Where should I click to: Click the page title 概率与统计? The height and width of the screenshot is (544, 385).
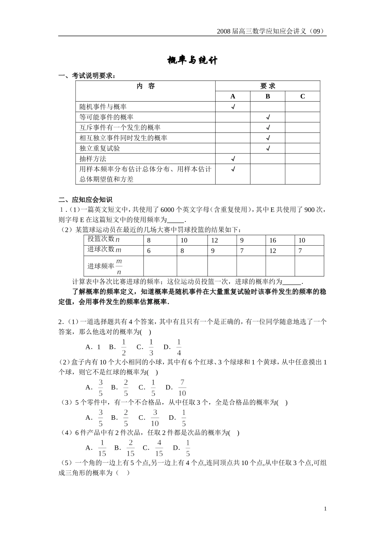point(192,61)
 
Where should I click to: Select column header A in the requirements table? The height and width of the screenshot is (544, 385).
point(233,96)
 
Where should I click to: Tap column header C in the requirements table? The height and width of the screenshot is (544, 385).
point(302,96)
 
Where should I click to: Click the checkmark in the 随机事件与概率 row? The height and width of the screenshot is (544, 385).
point(233,107)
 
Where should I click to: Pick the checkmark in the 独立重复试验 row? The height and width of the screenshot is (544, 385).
point(267,149)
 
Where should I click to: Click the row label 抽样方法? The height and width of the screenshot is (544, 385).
point(93,159)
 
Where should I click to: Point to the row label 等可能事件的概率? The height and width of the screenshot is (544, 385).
point(106,117)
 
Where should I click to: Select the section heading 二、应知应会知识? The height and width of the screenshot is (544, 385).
point(85,200)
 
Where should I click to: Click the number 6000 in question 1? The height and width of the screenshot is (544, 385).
point(167,210)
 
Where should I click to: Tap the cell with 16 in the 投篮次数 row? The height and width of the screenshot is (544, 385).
point(273,240)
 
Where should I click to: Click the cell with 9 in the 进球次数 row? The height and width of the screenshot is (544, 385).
point(213,251)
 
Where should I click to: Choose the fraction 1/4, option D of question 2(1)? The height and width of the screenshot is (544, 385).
point(179,347)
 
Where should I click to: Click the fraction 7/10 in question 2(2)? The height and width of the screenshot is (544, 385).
point(182,387)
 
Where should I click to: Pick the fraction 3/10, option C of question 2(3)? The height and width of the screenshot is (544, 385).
point(154,418)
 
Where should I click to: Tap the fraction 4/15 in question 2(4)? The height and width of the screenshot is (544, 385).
point(159,448)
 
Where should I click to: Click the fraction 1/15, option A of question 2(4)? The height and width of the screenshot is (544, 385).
point(102,448)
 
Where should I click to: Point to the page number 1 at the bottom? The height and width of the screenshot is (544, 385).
point(325,509)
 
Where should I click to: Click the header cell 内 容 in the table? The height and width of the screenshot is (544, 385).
point(145,86)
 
